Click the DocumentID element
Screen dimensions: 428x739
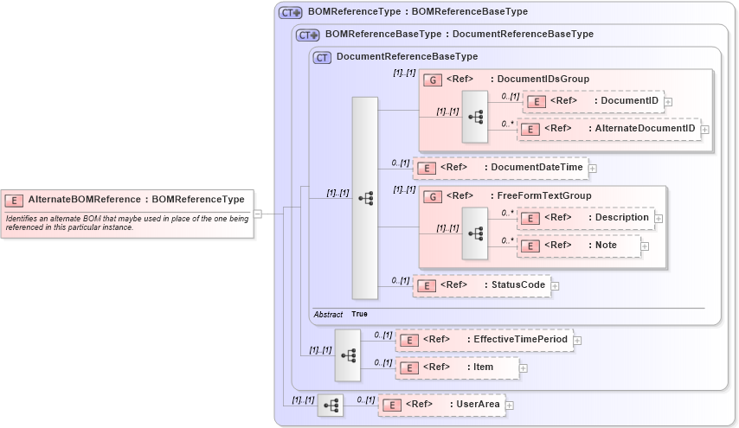(594, 101)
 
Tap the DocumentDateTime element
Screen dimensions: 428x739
(500, 167)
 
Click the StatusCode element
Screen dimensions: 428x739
(481, 284)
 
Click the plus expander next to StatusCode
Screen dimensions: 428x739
(556, 285)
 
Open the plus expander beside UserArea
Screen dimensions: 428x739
(510, 405)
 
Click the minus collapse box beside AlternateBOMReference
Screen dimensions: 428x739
(258, 214)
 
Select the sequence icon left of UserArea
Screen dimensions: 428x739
(330, 405)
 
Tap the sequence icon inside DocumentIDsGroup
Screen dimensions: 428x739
(475, 116)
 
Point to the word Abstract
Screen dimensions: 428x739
(328, 314)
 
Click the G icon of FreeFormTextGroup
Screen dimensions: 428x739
(432, 196)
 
